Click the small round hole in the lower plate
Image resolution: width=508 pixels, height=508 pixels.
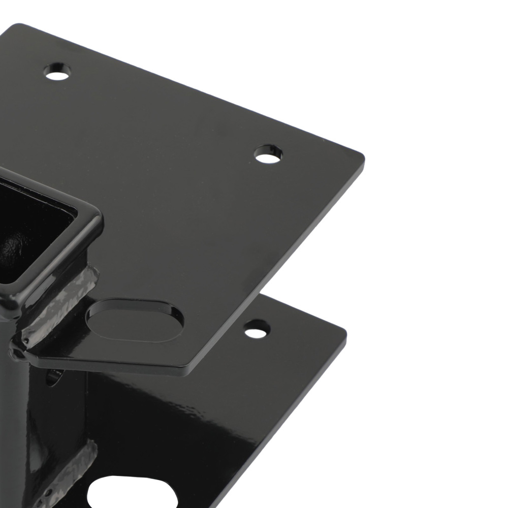point(257,329)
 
